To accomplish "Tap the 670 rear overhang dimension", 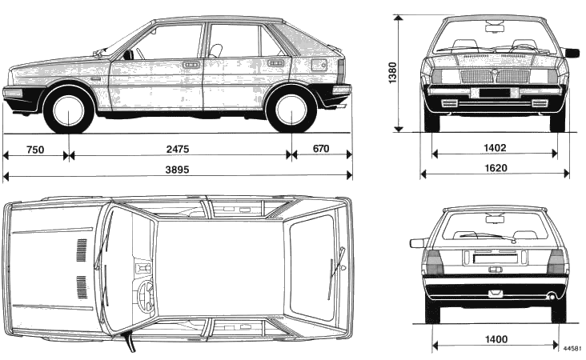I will point(321,149).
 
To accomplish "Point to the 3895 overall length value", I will point(178,170).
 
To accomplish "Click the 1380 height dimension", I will point(392,74).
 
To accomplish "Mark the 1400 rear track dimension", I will point(496,339).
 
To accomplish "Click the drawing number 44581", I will point(572,350).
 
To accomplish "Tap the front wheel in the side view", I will point(69,109).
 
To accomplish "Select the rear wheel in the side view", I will point(291,109).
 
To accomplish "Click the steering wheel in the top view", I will point(146,296).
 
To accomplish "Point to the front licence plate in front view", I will point(495,93).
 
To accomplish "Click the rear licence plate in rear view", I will point(495,258).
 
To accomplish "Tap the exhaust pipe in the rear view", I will point(552,297).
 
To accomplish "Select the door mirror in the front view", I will point(572,53).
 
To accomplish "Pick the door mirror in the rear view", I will point(417,242).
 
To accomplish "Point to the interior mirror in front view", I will point(495,28).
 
